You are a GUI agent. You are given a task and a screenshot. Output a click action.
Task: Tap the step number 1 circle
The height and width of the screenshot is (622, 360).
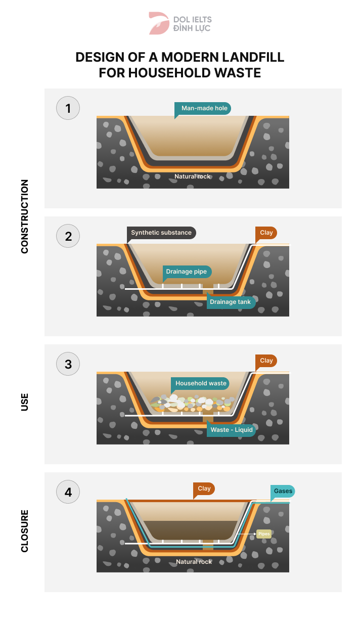click(x=68, y=108)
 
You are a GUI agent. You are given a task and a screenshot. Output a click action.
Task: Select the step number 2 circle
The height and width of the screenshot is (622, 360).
click(x=68, y=236)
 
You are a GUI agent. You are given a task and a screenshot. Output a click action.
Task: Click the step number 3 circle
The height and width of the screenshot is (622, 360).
click(x=68, y=364)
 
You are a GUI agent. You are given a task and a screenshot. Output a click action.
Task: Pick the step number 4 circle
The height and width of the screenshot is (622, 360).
click(x=68, y=492)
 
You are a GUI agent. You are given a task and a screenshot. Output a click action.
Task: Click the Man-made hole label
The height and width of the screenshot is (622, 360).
click(x=204, y=108)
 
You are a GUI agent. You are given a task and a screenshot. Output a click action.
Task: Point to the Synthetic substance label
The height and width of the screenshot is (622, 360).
click(x=161, y=233)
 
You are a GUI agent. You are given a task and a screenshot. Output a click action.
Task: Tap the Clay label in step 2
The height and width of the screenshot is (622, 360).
click(x=266, y=233)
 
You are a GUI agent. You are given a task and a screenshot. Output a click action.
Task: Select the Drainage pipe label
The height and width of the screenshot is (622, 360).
click(x=187, y=272)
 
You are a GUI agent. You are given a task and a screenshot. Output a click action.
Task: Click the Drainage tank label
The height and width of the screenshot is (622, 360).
click(x=230, y=302)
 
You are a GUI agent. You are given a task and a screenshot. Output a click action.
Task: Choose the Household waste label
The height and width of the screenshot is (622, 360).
click(x=201, y=383)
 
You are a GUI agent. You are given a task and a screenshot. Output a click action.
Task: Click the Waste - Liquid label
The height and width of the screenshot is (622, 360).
click(x=232, y=429)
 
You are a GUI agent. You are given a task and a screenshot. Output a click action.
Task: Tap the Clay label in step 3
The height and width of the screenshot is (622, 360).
click(x=266, y=361)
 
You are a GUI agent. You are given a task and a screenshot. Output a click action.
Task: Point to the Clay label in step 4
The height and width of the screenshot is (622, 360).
click(x=204, y=488)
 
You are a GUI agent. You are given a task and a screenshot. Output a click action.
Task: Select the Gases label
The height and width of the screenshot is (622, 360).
click(x=283, y=491)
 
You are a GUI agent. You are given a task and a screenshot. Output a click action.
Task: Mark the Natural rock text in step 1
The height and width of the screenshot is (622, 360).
click(x=193, y=176)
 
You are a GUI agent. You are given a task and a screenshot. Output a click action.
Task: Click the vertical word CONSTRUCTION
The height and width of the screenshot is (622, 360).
click(x=25, y=216)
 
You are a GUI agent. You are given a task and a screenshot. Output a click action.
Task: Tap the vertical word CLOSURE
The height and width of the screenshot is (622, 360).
click(x=25, y=530)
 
